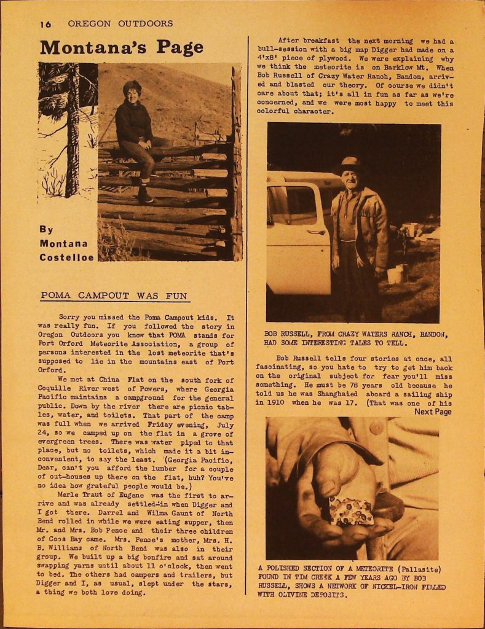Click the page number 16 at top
(x=45, y=25)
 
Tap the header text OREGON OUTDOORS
(x=120, y=24)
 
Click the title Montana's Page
(x=122, y=47)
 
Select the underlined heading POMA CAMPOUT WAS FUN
(x=114, y=295)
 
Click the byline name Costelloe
(x=67, y=257)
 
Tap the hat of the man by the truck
(x=350, y=163)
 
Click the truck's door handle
(x=317, y=233)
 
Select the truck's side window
(x=293, y=205)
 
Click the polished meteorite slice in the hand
(x=350, y=511)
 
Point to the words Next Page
(x=433, y=412)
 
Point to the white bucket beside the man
(x=394, y=274)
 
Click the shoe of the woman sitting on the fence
(x=145, y=197)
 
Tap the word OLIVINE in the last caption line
(x=280, y=595)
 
